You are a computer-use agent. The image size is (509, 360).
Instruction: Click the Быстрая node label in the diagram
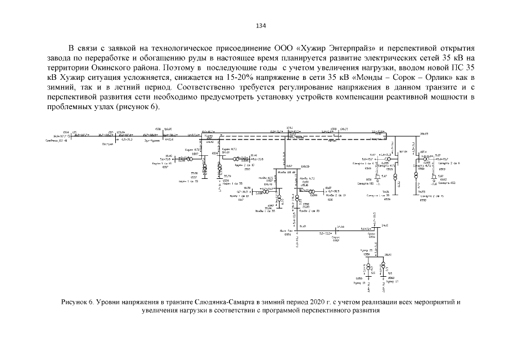107,143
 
